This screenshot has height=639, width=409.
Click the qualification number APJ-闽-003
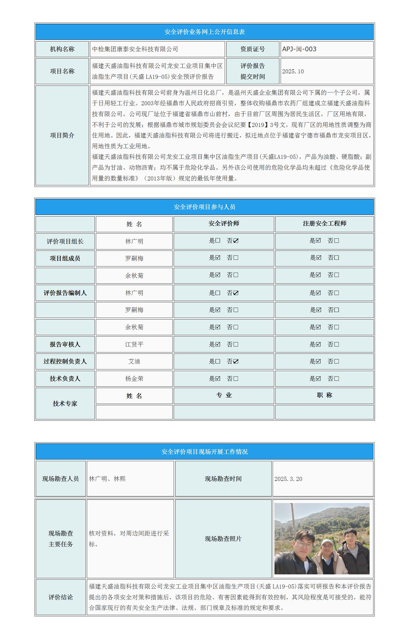point(299,49)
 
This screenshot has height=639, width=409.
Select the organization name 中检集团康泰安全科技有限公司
point(135,49)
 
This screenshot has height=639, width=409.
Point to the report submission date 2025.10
point(293,71)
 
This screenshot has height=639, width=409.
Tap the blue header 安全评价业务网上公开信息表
point(205,32)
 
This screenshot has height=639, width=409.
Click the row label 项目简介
point(62,135)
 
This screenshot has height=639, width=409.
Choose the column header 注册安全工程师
point(324,224)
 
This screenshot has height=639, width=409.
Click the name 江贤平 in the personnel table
point(134,344)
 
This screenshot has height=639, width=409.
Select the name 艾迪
point(134,361)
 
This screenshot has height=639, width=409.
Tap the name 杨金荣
point(134,379)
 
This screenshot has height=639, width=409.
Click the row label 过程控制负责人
point(65,361)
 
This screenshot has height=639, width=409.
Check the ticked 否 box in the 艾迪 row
point(236,361)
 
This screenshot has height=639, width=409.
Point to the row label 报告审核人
point(65,344)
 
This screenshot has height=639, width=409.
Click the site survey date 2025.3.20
point(288,479)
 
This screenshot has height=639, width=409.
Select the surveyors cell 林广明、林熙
point(107,479)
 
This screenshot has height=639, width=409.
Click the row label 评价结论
point(61,597)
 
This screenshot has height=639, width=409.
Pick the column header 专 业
point(224,395)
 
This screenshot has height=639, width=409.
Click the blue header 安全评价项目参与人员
point(205,207)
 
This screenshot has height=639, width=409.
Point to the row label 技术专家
point(65,404)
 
